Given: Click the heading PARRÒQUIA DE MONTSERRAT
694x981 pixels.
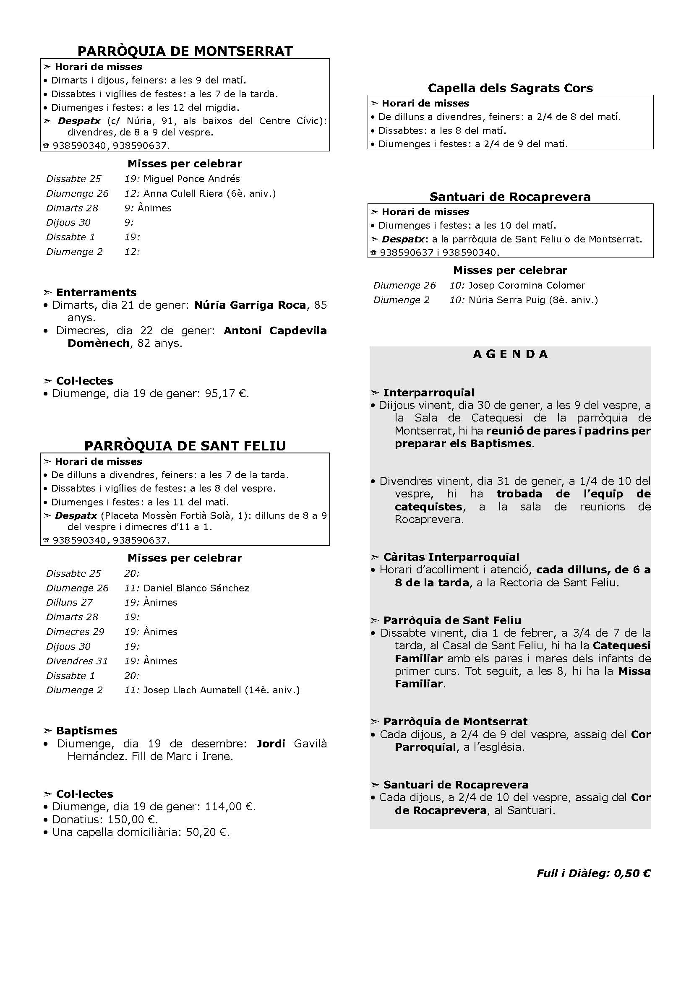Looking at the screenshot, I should tap(185, 51).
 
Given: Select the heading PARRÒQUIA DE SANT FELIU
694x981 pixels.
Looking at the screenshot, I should tap(185, 446).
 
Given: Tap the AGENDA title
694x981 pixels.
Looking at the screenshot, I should tap(510, 354).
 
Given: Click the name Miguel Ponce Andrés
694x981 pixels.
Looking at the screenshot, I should tap(191, 179).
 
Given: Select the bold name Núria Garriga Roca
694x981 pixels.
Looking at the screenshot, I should tap(250, 305).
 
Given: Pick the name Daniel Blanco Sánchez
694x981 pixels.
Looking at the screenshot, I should tap(196, 588).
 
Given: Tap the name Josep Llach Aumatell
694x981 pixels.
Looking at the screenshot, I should tap(192, 690).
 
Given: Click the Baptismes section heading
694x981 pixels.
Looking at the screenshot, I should tap(86, 731).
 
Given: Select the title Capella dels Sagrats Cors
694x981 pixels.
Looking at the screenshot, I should tap(510, 88).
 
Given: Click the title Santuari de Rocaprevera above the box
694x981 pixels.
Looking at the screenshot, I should tap(510, 197).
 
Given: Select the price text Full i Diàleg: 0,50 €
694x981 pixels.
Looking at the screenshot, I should tap(593, 873).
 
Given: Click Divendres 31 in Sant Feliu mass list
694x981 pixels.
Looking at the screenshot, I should tap(77, 661).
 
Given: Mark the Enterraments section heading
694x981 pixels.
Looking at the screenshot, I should tap(96, 292).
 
